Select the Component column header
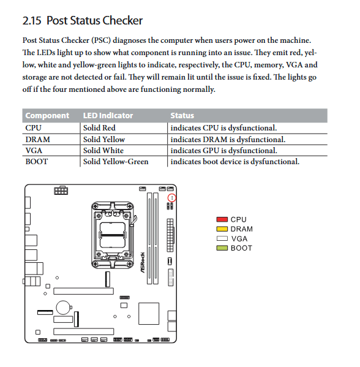[47, 116]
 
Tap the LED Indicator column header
[108, 116]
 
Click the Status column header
[182, 116]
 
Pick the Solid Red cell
[99, 128]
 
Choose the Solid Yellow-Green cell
[116, 162]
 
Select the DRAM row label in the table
[38, 140]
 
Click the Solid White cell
[103, 151]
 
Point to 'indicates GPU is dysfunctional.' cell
[223, 151]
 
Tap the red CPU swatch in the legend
[222, 219]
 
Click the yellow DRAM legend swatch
[222, 229]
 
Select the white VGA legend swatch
[222, 238]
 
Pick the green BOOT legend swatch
[222, 248]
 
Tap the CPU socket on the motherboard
[113, 235]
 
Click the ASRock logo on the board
[143, 262]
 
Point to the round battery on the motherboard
[63, 308]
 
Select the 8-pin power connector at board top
[61, 191]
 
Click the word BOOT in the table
[37, 162]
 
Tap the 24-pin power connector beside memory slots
[170, 235]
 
